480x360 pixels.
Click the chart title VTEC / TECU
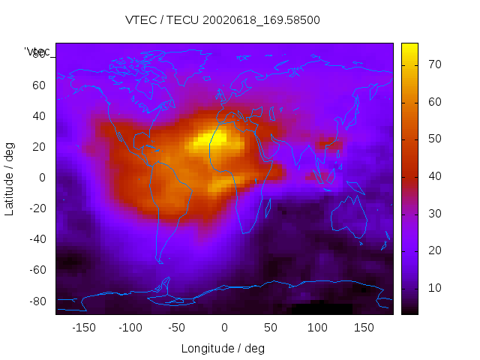(222, 20)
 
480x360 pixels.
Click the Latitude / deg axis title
(10, 177)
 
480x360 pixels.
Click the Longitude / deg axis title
(223, 348)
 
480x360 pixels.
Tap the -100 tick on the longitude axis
(130, 328)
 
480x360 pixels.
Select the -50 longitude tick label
(177, 328)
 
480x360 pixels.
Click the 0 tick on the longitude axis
(223, 328)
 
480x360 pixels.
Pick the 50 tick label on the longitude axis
(270, 328)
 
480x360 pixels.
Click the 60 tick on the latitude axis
(38, 85)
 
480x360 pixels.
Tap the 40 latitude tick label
(38, 115)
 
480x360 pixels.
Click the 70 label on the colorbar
(433, 65)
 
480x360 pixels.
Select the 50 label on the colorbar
(433, 139)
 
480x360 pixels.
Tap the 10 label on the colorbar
(433, 288)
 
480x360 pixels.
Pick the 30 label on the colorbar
(433, 214)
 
